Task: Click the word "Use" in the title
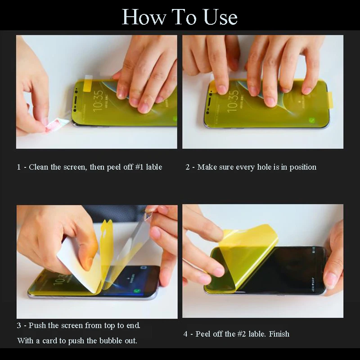pos(220,17)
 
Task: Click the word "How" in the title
pos(144,17)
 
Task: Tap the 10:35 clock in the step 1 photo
pos(98,100)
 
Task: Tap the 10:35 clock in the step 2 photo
pos(232,101)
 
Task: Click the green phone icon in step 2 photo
pos(312,120)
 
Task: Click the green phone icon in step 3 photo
pos(138,291)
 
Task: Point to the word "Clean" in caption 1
pos(38,167)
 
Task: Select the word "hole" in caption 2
pos(264,167)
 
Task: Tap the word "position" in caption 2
pos(303,167)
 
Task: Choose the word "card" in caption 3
pos(50,341)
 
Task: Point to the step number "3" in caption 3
pos(19,325)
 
